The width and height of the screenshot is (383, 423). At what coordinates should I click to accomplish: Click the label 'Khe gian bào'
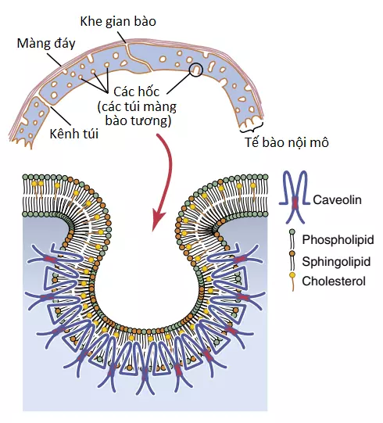pos(118,22)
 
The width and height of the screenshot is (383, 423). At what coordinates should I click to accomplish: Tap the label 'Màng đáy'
pos(46,44)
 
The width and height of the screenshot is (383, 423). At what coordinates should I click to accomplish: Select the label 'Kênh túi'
pos(74,134)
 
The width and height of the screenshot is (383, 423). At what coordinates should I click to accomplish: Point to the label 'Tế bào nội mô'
pos(287,142)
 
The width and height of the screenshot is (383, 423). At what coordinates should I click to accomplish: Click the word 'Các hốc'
pos(136,91)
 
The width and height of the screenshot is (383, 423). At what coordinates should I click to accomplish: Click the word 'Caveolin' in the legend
pos(337,200)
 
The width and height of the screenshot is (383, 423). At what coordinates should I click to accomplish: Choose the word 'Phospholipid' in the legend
pos(338,239)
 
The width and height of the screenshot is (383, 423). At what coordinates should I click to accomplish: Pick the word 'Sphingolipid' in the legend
pos(336,261)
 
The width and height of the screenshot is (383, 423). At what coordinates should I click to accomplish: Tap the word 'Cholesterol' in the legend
pos(334,281)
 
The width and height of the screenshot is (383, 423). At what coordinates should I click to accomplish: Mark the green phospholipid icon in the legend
pos(292,232)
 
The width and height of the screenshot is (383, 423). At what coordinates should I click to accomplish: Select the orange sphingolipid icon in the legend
pos(292,253)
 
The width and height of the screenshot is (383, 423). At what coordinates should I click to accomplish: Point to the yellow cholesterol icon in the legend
pos(292,276)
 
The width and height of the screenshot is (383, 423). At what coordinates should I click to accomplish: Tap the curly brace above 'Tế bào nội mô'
pos(251,129)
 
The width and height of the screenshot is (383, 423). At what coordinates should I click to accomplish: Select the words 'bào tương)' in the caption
pos(138,120)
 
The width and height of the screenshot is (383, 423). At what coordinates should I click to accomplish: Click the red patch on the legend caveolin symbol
pos(295,203)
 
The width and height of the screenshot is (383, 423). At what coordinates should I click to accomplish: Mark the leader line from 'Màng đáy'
pos(55,59)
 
